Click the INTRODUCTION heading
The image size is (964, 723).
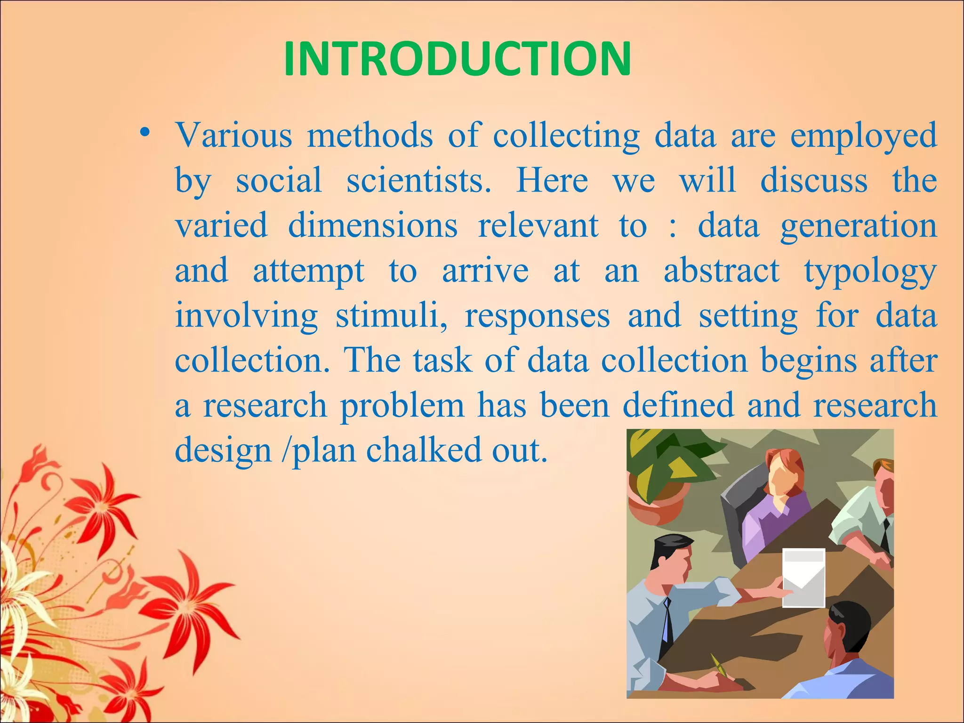point(457,59)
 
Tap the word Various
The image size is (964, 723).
point(234,136)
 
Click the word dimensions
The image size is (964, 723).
point(372,225)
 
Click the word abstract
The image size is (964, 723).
point(722,271)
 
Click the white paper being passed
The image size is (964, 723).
point(803,578)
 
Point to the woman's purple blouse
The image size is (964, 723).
point(772,522)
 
